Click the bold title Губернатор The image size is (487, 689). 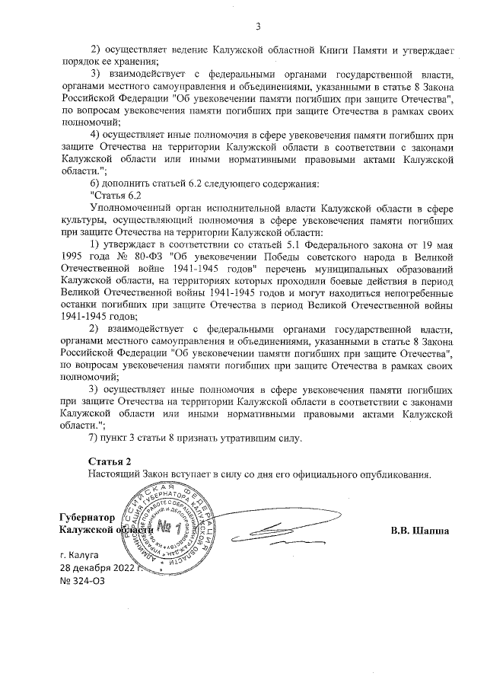click(88, 516)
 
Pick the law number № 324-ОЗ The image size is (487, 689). click(78, 582)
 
